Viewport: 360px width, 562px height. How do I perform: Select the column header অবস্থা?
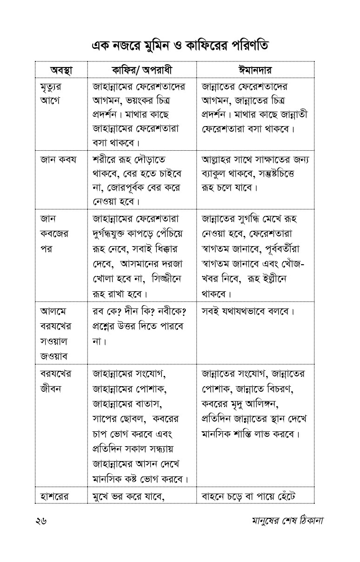click(61, 70)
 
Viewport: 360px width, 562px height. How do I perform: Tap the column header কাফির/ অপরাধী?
click(141, 70)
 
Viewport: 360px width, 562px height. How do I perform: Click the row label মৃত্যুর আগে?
click(51, 94)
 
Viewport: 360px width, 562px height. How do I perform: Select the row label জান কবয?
click(58, 160)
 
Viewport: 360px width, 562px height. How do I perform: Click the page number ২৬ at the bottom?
click(41, 520)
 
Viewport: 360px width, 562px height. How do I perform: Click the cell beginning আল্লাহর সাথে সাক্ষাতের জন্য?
click(255, 167)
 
